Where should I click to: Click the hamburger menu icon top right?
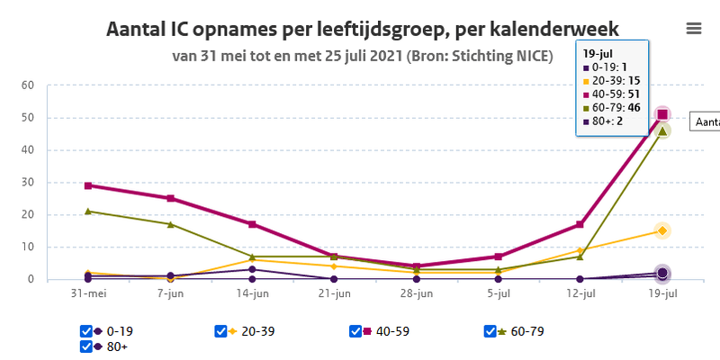(x=694, y=28)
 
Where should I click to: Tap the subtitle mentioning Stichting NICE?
(x=363, y=56)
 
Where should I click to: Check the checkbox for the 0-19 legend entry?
(x=86, y=331)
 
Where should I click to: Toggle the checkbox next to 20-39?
(x=220, y=331)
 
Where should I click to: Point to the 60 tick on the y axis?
(x=27, y=85)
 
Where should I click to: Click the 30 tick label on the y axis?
(x=27, y=183)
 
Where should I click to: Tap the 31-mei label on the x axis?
(x=87, y=293)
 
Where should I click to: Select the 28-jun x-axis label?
(x=416, y=293)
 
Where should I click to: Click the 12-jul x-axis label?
(x=580, y=293)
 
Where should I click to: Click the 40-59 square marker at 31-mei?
(x=87, y=185)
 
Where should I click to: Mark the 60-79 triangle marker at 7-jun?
(x=170, y=224)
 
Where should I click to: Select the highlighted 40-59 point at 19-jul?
(x=662, y=114)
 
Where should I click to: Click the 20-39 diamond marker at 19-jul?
(x=662, y=230)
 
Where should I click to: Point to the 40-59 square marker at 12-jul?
(x=580, y=224)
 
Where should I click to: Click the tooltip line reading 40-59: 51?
(x=611, y=94)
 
